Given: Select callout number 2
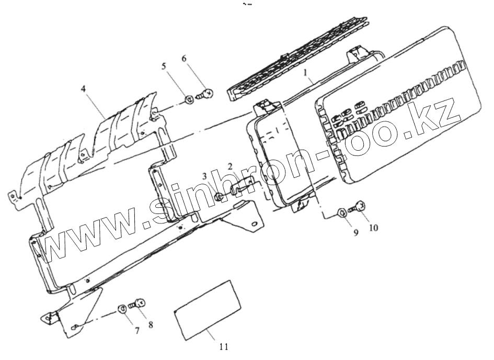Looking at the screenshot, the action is [230, 167].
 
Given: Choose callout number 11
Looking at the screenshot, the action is [224, 346].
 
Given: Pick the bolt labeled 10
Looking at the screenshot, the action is [358, 208].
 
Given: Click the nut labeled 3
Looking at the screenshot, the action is [218, 197].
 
